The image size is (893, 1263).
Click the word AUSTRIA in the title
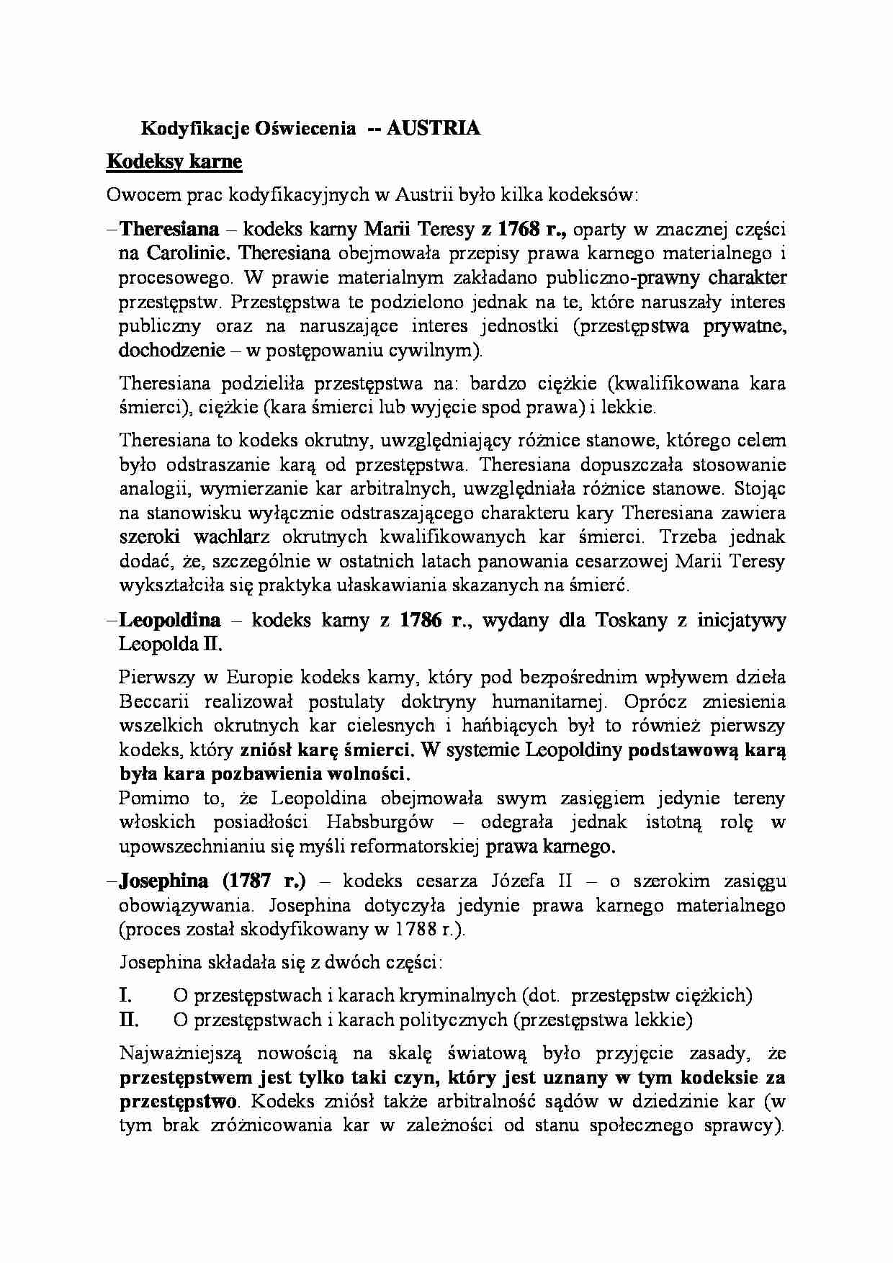(433, 128)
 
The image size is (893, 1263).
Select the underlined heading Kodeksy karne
(174, 161)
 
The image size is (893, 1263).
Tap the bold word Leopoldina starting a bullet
(170, 620)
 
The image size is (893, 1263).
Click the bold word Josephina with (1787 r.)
(164, 881)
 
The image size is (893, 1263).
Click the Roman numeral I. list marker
(125, 996)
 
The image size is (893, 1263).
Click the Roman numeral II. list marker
(128, 1020)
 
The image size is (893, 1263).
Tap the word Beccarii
(152, 701)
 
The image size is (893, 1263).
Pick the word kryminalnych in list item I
(461, 996)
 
